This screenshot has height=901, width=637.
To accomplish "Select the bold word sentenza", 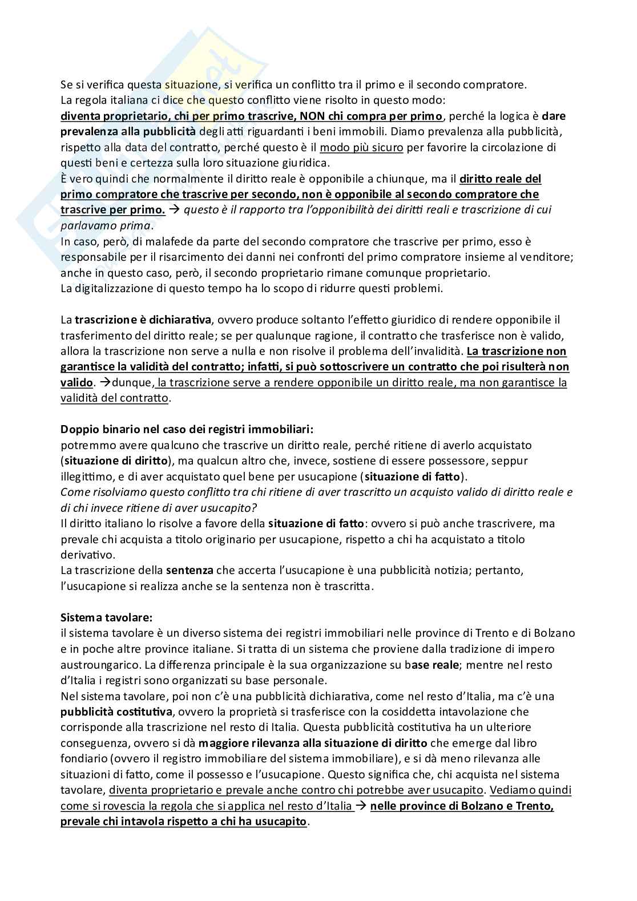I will (190, 570).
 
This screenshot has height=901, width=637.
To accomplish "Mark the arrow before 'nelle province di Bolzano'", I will (361, 806).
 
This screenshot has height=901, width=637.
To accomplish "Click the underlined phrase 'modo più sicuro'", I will (361, 148).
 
